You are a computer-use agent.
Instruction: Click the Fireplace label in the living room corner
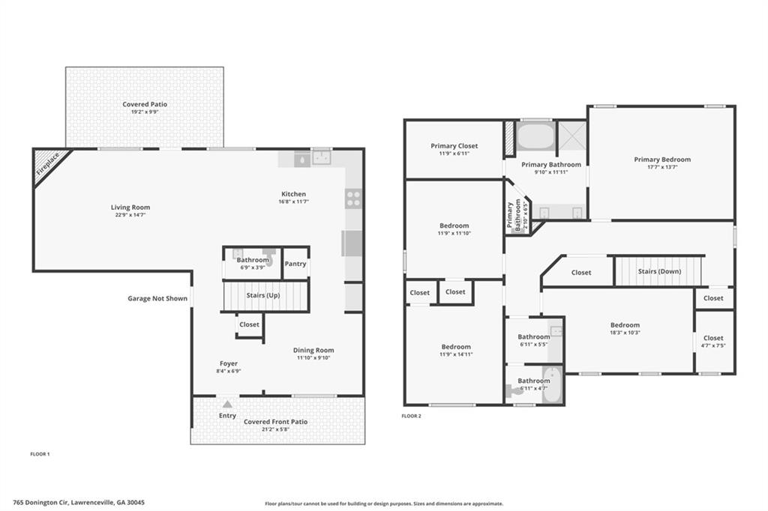pos(48,163)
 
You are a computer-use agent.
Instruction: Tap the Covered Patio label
pos(145,104)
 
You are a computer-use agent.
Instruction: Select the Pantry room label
pos(295,264)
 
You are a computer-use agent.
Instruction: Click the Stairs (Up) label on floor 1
pos(263,295)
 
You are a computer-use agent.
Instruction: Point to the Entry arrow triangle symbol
pos(227,404)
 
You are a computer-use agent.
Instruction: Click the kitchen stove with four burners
pos(352,198)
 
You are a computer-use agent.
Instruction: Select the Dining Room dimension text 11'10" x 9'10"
pos(313,357)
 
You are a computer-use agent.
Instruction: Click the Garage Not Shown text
pos(157,298)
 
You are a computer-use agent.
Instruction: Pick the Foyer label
pos(229,363)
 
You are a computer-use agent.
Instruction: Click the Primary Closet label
pos(454,146)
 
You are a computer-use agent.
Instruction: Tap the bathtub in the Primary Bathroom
pos(535,137)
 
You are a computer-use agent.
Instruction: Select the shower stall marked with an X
pos(571,137)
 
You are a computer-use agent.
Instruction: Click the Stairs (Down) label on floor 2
pos(658,271)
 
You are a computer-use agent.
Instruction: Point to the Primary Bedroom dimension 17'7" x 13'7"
pos(662,167)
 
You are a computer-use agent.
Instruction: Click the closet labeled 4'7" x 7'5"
pos(713,342)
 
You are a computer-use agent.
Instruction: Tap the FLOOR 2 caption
pos(411,416)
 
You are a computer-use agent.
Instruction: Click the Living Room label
pos(131,208)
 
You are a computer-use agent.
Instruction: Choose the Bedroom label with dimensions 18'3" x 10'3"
pos(625,325)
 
